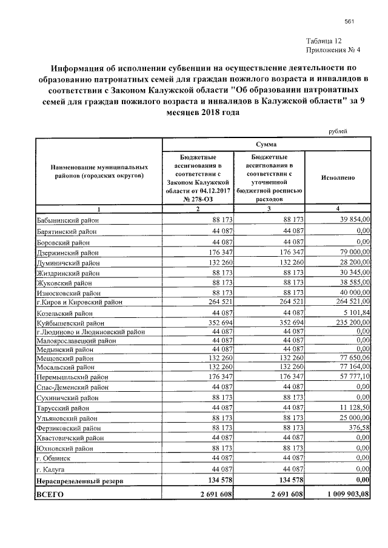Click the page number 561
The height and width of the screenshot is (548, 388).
(349, 22)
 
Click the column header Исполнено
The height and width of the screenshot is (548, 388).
(338, 178)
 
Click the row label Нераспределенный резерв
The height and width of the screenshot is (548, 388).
(81, 480)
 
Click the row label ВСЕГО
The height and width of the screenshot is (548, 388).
(50, 495)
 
